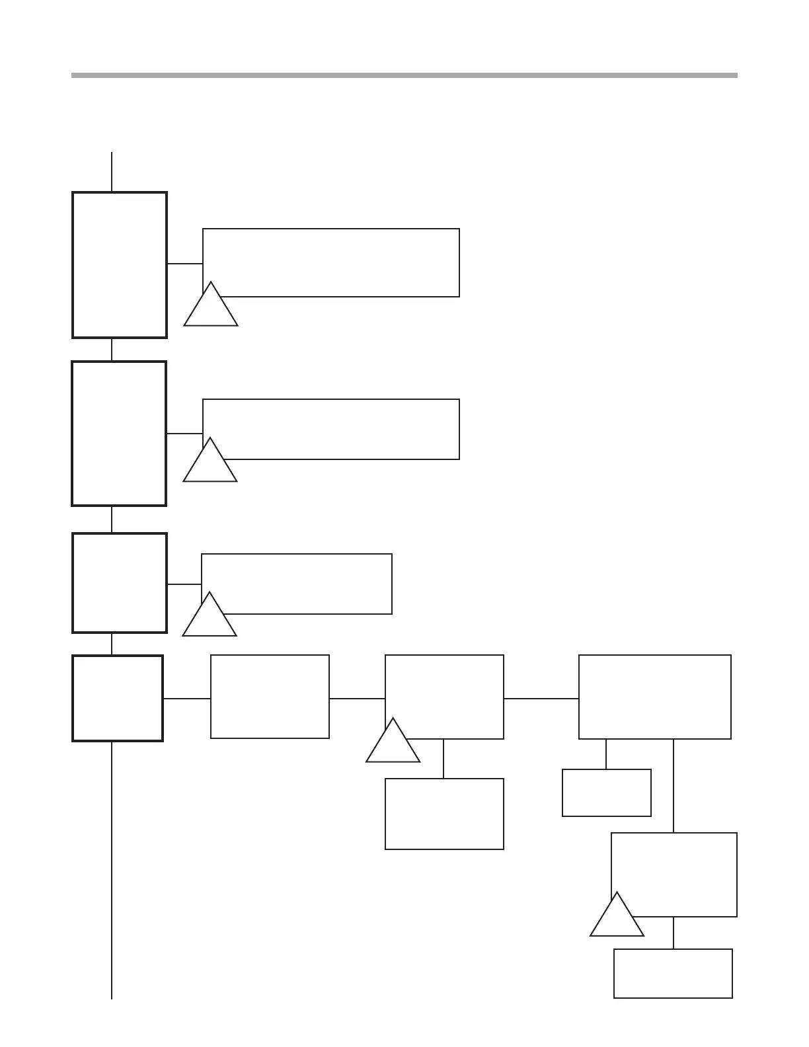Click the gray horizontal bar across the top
404,75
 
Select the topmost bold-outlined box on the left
119,265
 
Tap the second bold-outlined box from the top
119,434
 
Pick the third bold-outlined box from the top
119,583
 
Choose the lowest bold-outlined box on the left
118,698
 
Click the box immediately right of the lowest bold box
270,697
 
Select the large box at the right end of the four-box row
654,697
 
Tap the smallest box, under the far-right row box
606,793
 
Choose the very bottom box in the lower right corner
673,973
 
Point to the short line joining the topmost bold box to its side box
184,264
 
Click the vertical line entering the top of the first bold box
112,172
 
